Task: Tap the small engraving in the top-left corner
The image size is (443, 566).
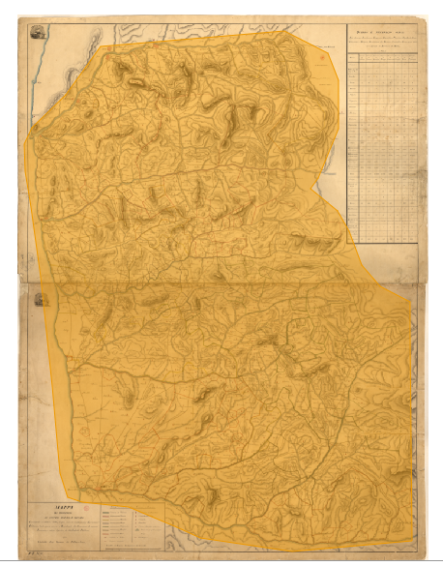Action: click(40, 32)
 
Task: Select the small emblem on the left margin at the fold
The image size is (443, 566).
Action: click(40, 299)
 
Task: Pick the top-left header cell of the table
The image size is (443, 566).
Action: click(353, 57)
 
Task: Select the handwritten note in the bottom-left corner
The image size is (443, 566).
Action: click(36, 552)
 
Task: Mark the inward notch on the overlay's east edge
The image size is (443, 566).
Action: click(347, 242)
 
